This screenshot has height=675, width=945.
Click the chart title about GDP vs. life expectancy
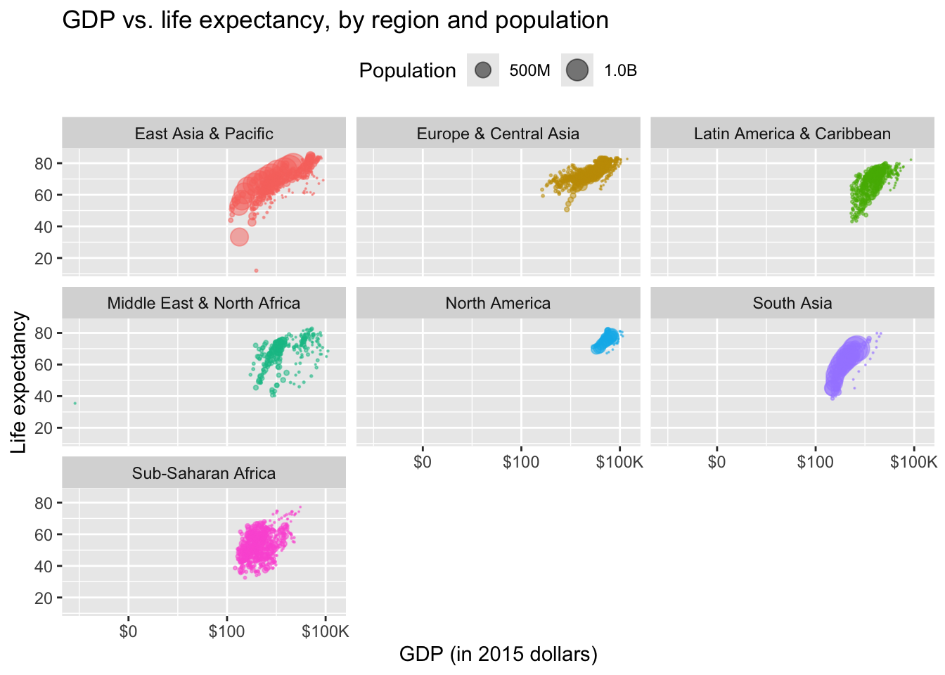(x=335, y=20)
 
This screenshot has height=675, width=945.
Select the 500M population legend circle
(x=483, y=70)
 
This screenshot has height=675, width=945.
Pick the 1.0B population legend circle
(x=577, y=70)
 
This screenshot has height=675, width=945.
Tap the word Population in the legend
(x=407, y=70)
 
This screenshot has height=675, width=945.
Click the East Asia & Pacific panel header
(x=204, y=134)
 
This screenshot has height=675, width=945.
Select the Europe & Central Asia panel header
(x=498, y=134)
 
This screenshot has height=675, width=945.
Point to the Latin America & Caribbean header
(x=792, y=134)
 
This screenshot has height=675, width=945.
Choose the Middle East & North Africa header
(x=204, y=303)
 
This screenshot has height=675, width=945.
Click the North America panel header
(x=498, y=303)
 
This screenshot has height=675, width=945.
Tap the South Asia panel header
(x=792, y=303)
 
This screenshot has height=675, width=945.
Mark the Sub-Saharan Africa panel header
(x=204, y=473)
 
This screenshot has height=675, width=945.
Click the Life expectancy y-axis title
(x=19, y=382)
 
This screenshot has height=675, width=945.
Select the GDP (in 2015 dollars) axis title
(x=498, y=654)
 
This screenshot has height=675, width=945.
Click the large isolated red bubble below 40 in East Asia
(x=240, y=237)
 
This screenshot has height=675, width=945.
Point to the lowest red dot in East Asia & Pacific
(x=256, y=271)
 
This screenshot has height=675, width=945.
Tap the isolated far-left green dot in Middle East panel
(x=75, y=403)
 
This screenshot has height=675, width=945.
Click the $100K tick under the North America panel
(x=619, y=462)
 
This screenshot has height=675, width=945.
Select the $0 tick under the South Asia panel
(x=716, y=462)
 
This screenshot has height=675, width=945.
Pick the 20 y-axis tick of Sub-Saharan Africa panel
(x=44, y=598)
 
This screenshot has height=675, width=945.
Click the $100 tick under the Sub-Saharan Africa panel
(x=226, y=631)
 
